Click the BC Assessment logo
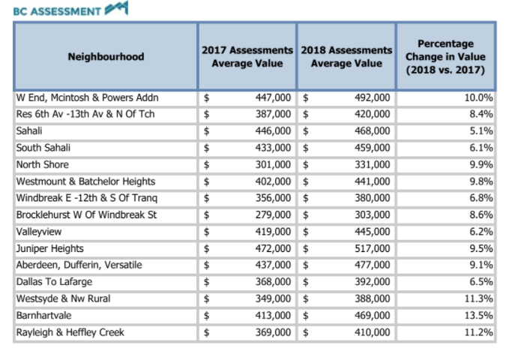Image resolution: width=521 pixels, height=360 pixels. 70,9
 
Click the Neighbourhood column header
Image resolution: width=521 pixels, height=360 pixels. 106,56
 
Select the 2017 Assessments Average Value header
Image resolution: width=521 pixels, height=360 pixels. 247,56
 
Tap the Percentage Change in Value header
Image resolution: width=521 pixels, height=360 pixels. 445,56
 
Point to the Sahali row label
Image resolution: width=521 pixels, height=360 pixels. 29,130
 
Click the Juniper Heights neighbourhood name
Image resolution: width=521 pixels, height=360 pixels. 49,249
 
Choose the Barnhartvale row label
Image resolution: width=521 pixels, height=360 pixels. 44,315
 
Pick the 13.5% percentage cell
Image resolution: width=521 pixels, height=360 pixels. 478,315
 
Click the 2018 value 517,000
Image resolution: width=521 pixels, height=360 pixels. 372,249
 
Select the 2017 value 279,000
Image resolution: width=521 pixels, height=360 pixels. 273,214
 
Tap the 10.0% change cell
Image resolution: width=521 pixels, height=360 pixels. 478,97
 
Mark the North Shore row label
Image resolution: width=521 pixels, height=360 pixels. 43,164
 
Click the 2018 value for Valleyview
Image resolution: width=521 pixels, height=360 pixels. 372,232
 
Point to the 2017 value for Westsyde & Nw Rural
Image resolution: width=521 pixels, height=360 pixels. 273,298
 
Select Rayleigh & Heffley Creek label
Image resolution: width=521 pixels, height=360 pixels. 70,332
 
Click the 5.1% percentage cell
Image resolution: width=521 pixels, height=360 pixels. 481,130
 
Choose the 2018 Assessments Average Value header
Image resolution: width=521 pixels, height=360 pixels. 346,56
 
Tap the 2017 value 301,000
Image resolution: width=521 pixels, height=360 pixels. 273,164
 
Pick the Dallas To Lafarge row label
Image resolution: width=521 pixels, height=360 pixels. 54,281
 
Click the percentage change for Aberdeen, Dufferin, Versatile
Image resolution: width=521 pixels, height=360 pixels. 481,265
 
